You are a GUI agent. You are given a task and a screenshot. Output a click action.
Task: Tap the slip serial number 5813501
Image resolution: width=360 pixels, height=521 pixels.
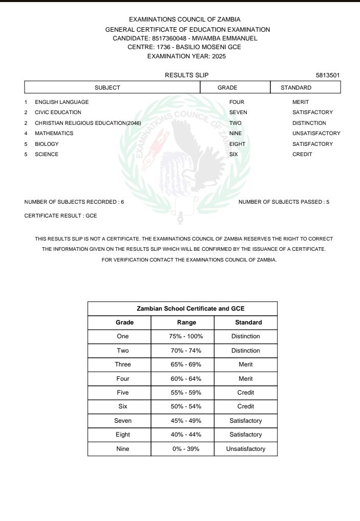pos(328,76)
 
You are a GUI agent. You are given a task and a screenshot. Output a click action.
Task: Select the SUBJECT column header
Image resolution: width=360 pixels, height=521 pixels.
pos(108,88)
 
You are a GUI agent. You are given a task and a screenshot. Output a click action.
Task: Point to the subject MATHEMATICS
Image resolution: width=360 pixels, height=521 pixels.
pos(54,133)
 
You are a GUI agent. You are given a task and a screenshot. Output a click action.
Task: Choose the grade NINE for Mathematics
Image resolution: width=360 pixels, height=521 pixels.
pos(236,133)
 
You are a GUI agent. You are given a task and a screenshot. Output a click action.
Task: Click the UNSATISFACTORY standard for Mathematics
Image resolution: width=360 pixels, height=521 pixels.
pos(316,133)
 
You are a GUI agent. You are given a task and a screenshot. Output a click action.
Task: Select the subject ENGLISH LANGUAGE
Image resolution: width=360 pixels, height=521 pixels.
pos(61,102)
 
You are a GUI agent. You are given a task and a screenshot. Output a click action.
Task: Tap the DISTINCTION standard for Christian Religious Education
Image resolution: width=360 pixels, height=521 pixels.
pos(309,123)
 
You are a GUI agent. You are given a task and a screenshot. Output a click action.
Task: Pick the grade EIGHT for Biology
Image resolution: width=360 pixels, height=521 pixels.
pos(237,144)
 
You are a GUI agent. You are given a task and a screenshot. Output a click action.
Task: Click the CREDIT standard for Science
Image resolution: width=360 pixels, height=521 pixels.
pos(302,154)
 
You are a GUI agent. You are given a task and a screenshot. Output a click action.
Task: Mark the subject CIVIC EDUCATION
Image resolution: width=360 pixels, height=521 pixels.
pos(58,112)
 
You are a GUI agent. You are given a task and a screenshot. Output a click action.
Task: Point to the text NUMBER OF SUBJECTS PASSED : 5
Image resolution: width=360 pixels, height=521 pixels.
pos(284,202)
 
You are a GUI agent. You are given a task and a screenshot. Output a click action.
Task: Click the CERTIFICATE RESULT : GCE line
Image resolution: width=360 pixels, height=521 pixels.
pos(60,215)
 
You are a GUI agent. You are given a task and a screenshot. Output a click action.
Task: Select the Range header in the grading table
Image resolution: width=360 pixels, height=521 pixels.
pos(186,322)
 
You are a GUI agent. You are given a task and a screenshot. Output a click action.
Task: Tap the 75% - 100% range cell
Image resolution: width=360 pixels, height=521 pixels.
pos(186,336)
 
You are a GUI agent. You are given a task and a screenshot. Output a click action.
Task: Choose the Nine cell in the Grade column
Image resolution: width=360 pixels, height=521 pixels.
pos(123,449)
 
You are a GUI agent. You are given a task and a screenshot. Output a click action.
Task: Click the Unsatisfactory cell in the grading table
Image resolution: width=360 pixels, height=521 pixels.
pos(246,449)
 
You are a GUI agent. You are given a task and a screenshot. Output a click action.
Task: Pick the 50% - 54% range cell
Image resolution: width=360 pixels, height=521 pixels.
pos(186,406)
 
